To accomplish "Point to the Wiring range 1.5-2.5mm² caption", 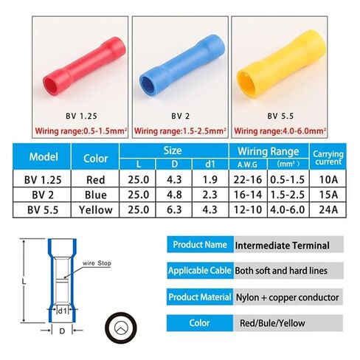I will coord(179,131).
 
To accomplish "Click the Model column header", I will coord(43,157).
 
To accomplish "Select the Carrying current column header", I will coord(328,157).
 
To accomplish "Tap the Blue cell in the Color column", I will coord(96,195).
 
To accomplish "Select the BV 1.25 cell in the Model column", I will coord(43,179).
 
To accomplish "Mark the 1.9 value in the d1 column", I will coord(210,179).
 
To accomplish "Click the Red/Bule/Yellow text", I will coord(272,322).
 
